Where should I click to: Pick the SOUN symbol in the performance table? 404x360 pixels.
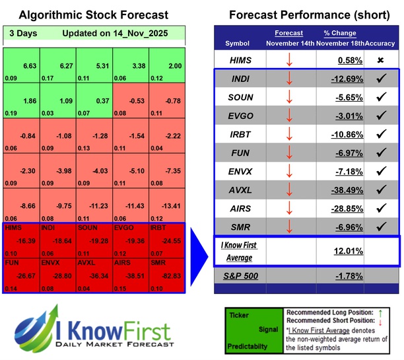click(240, 97)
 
